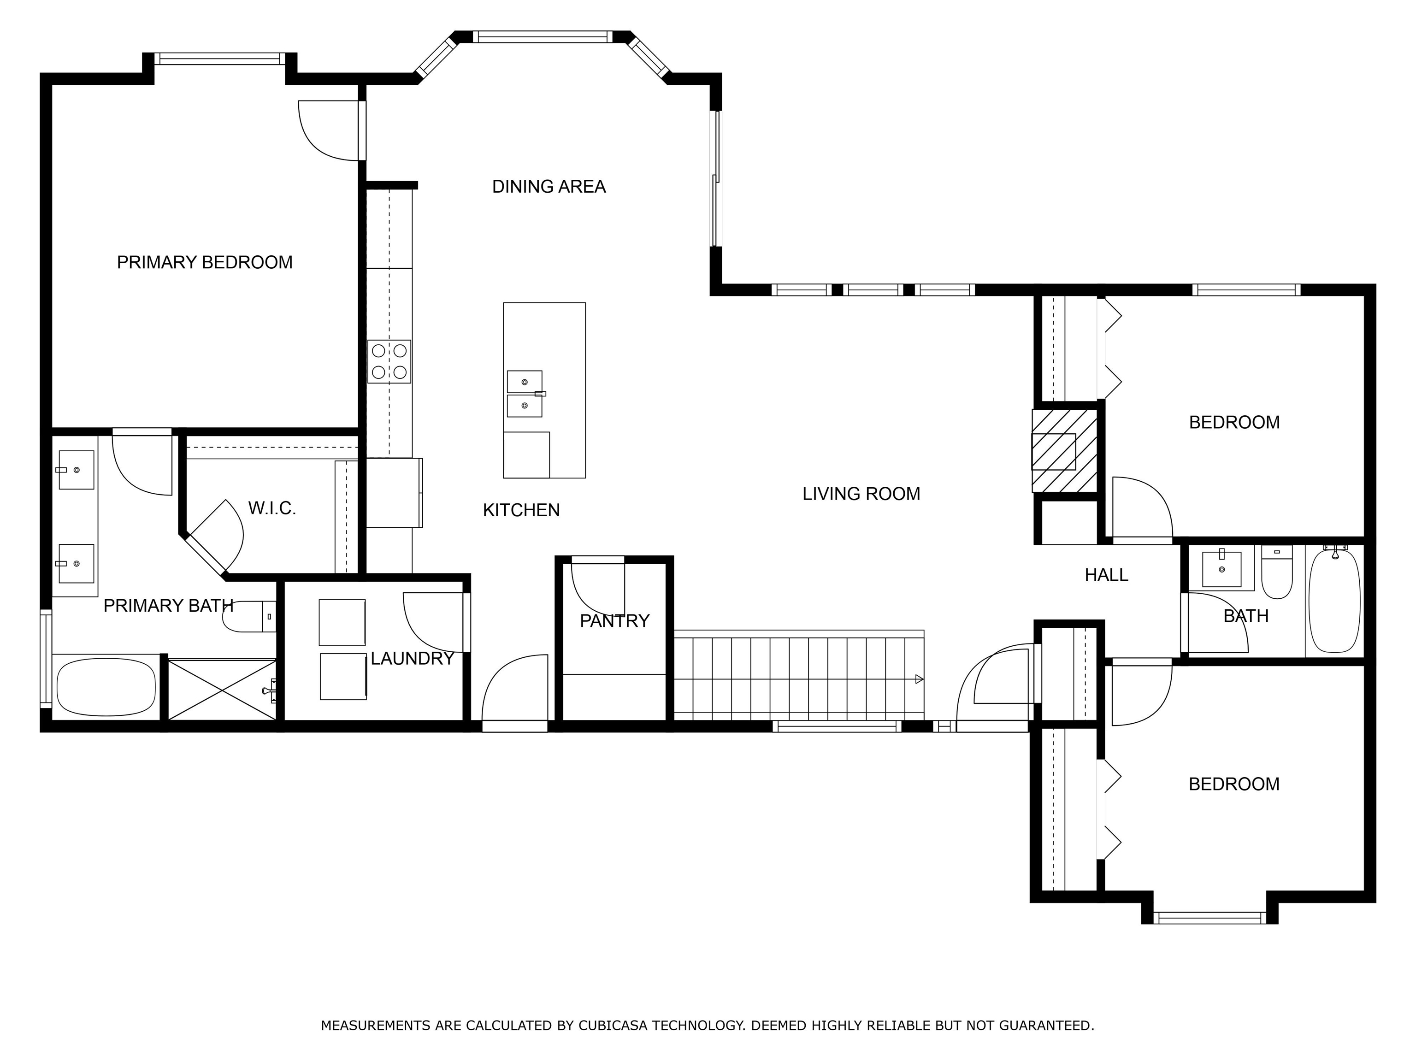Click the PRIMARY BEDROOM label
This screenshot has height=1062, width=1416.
(x=204, y=262)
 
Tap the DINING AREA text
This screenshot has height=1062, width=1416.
(x=549, y=187)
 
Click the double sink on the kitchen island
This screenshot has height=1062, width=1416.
(x=525, y=394)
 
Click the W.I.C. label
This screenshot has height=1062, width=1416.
(x=272, y=509)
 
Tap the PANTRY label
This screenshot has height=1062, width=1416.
(x=614, y=621)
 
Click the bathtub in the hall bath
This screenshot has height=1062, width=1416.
(x=1334, y=601)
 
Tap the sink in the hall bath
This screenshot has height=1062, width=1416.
(x=1221, y=568)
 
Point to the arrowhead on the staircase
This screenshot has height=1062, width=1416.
(x=919, y=679)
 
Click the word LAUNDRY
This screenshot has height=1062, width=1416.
(x=412, y=659)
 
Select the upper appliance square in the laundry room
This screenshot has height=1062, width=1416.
(x=342, y=622)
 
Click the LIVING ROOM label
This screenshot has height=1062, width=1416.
(x=861, y=494)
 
